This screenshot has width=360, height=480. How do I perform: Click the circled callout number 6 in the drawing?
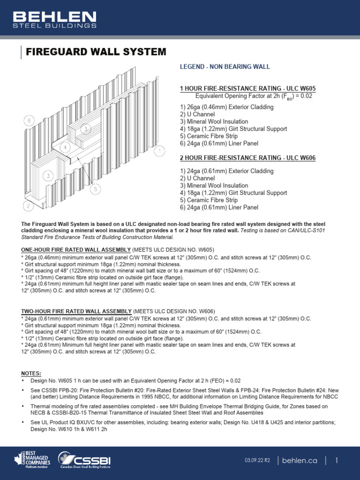click(x=29, y=120)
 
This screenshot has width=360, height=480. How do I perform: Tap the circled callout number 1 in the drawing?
click(x=159, y=150)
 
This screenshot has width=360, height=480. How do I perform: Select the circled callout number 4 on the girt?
click(x=66, y=148)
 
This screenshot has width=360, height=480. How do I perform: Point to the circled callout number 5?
click(x=95, y=189)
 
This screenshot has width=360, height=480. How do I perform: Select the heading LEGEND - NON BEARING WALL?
click(x=225, y=67)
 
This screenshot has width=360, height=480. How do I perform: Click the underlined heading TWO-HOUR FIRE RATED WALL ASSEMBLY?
click(x=76, y=311)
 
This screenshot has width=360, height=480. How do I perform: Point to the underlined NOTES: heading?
click(x=31, y=373)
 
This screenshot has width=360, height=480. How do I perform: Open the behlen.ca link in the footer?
click(x=300, y=461)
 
